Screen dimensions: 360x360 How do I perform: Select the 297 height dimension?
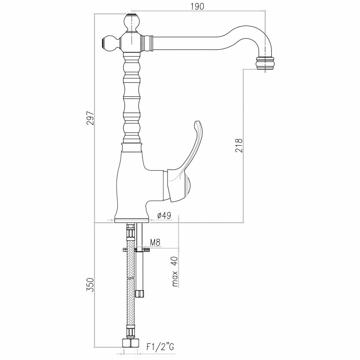(91, 118)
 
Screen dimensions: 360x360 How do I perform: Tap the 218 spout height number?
(239, 145)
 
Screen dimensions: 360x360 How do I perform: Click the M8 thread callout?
(155, 243)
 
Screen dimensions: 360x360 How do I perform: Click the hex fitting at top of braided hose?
(130, 233)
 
